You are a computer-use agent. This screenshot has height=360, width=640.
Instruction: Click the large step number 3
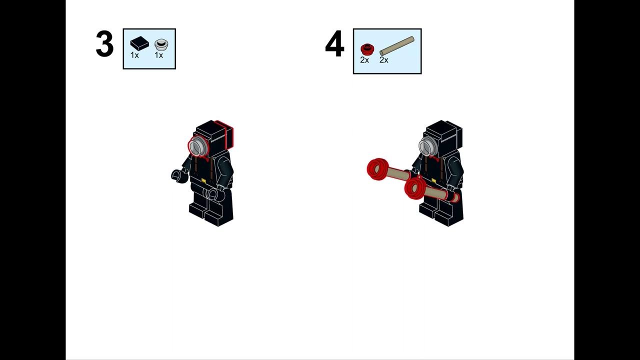(x=104, y=43)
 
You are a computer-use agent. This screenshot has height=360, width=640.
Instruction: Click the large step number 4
(x=334, y=43)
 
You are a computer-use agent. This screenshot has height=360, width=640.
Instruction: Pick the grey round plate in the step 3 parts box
(x=161, y=44)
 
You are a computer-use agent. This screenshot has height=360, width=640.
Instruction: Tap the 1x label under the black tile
(x=134, y=55)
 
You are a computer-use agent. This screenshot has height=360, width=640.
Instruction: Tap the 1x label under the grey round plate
(x=159, y=55)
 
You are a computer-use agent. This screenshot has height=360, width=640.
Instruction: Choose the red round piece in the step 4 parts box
(x=365, y=49)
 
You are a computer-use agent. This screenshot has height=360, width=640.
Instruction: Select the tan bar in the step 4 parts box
(x=397, y=45)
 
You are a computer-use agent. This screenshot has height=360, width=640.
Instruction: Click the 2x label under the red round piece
(x=364, y=60)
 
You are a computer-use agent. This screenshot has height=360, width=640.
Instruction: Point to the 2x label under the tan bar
(x=383, y=60)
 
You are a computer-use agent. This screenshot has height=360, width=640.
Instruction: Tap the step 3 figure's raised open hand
(x=178, y=176)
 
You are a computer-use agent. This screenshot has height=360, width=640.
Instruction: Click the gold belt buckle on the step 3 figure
(x=203, y=180)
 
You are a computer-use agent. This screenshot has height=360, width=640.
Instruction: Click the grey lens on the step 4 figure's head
(x=427, y=146)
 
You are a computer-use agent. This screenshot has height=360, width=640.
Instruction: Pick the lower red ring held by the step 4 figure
(x=415, y=187)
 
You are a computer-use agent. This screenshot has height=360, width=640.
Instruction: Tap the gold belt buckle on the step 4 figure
(x=433, y=180)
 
